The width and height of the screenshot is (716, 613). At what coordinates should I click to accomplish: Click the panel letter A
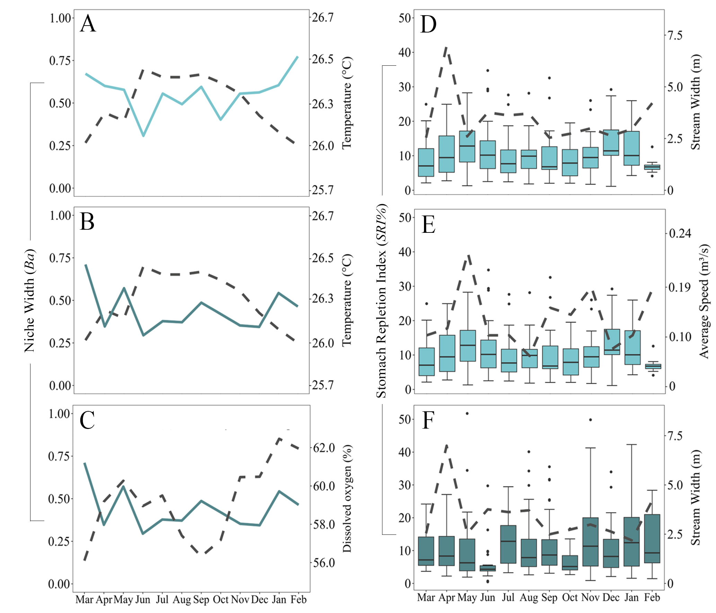[x=88, y=24]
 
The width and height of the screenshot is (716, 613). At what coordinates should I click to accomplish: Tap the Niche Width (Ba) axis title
[x=30, y=301]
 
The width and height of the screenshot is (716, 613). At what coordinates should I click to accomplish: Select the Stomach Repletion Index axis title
[x=381, y=301]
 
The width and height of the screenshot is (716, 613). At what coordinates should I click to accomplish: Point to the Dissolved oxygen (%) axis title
[x=347, y=498]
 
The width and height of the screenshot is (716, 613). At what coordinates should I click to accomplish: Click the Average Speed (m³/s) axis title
[x=704, y=301]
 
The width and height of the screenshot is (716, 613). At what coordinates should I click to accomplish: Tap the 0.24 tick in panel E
[x=680, y=234]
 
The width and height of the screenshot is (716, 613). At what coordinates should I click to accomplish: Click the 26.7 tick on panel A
[x=322, y=17]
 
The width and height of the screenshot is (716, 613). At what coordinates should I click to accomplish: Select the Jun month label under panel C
[x=143, y=599]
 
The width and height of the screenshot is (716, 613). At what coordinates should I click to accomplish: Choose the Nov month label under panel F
[x=591, y=597]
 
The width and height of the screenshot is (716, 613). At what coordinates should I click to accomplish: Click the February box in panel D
[x=652, y=167]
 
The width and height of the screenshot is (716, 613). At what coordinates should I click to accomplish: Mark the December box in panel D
[x=611, y=143]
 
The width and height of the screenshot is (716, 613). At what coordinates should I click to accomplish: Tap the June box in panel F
[x=488, y=568]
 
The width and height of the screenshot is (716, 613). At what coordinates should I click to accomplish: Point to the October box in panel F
[x=570, y=562]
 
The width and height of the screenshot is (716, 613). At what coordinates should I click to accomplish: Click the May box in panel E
[x=468, y=346]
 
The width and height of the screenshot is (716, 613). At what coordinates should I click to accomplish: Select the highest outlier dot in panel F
[x=467, y=413]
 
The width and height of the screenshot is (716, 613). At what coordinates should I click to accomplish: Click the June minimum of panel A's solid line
[x=143, y=135]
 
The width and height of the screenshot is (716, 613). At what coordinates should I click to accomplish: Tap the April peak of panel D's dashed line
[x=447, y=47]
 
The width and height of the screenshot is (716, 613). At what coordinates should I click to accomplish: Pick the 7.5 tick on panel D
[x=675, y=35]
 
